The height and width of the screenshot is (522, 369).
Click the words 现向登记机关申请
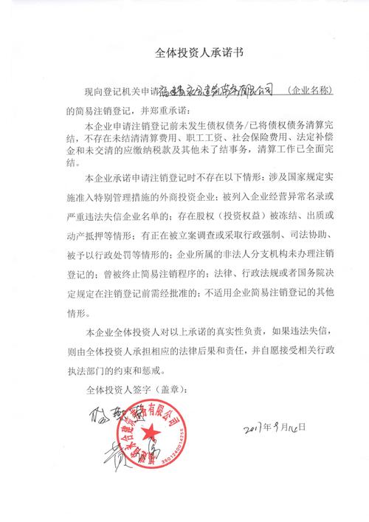121,90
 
